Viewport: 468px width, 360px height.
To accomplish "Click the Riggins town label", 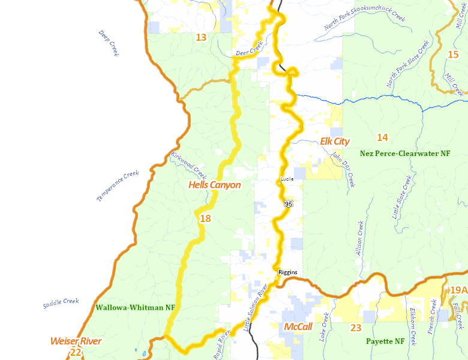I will point(287,272).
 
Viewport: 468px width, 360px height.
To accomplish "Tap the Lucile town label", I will point(287,179).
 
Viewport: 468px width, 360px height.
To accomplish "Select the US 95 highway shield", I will point(289,204).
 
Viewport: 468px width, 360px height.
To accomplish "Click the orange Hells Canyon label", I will point(214,185).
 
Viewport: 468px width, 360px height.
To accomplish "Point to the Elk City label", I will point(335,141).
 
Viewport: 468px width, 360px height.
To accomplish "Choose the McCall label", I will point(299,327).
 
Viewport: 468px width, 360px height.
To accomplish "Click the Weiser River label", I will point(76,341).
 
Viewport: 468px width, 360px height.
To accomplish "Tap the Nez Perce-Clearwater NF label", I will point(405,154).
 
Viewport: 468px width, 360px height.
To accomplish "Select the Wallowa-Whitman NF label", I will point(135,307).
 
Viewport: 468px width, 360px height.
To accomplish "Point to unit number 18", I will point(205,218).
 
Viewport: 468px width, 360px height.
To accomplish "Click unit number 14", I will point(382,137).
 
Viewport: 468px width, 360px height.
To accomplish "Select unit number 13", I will point(201,37).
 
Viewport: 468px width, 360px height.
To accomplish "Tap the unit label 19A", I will point(458,290).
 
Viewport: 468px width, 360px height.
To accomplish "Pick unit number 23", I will point(356,328).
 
